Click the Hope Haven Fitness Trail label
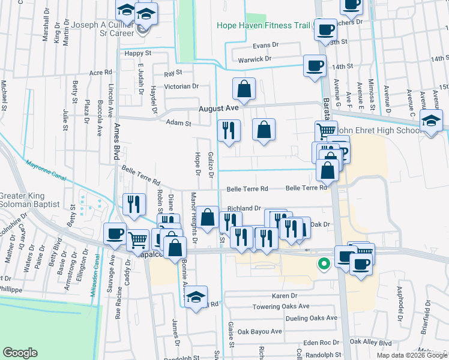[264, 26]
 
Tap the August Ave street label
[219, 109]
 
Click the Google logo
[20, 353]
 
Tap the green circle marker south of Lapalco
[324, 263]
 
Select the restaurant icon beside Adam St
[228, 131]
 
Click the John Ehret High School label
[379, 130]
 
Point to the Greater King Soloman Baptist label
[30, 200]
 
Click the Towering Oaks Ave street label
[281, 306]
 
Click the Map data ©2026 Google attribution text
[412, 355]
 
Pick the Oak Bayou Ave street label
[259, 331]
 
